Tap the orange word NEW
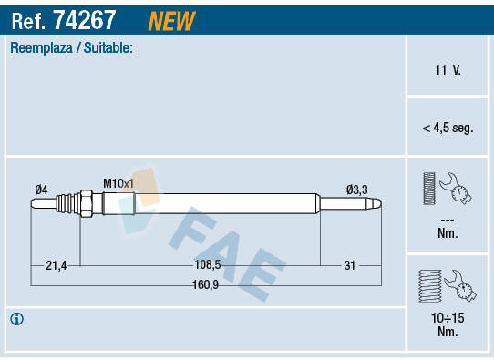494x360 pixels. [x=170, y=19]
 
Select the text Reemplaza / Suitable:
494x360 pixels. [x=71, y=47]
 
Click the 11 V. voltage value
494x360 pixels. [x=448, y=69]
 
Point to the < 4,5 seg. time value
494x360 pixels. [x=448, y=129]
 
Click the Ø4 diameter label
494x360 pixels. [x=41, y=189]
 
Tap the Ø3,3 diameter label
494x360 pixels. [x=356, y=189]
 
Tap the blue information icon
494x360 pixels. [x=17, y=319]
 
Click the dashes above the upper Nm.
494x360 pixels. [x=448, y=220]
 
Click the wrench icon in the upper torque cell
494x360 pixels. [x=456, y=190]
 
